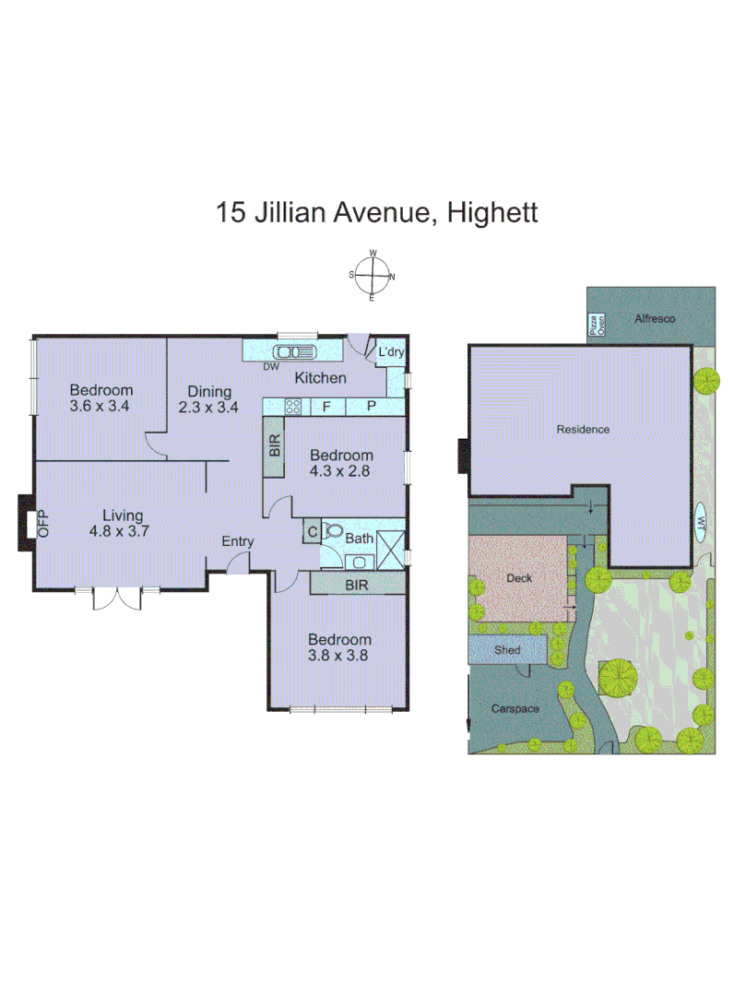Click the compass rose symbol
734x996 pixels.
click(x=372, y=275)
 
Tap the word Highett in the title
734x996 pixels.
click(x=491, y=213)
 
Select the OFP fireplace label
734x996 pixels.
click(x=41, y=524)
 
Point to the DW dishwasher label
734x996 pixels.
click(x=271, y=367)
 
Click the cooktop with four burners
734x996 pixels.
click(x=293, y=406)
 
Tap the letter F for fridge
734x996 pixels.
click(x=326, y=406)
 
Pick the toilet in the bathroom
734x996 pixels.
click(x=332, y=532)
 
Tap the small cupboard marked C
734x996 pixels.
click(x=312, y=531)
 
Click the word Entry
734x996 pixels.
click(x=237, y=541)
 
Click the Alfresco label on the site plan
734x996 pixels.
click(x=656, y=318)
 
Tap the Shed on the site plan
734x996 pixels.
click(x=507, y=650)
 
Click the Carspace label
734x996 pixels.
click(x=515, y=709)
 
